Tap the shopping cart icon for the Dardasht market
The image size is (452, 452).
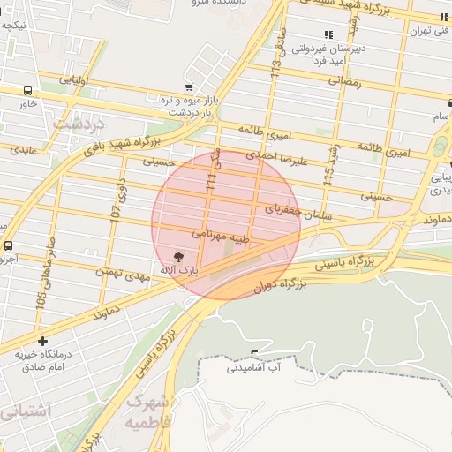click(189, 87)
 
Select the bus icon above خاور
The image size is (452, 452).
click(28, 90)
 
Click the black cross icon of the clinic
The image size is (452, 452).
click(42, 340)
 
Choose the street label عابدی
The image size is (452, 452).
click(22, 151)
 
